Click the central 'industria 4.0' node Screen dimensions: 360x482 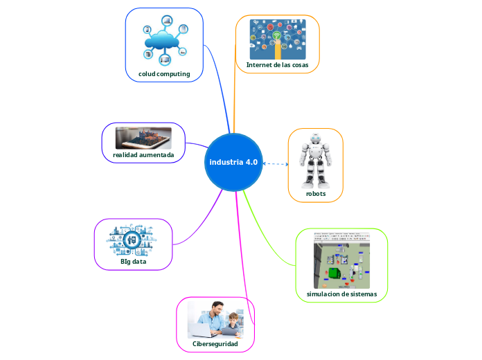pyautogui.click(x=233, y=162)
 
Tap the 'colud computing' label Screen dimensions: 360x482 pyautogui.click(x=164, y=74)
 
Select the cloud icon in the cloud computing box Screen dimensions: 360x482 pyautogui.click(x=165, y=41)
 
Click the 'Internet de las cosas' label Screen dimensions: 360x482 pyautogui.click(x=277, y=64)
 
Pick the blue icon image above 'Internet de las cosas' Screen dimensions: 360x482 pyautogui.click(x=277, y=39)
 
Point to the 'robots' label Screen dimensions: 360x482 pyautogui.click(x=316, y=193)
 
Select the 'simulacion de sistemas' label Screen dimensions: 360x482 pyautogui.click(x=341, y=294)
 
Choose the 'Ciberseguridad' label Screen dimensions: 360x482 pyautogui.click(x=215, y=343)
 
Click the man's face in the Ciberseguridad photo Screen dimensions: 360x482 pyautogui.click(x=217, y=309)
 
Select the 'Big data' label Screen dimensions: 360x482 pyautogui.click(x=133, y=261)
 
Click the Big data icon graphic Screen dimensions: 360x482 pyautogui.click(x=133, y=240)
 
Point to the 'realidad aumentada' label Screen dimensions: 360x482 pyautogui.click(x=143, y=154)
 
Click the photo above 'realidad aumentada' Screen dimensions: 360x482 pyautogui.click(x=143, y=137)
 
